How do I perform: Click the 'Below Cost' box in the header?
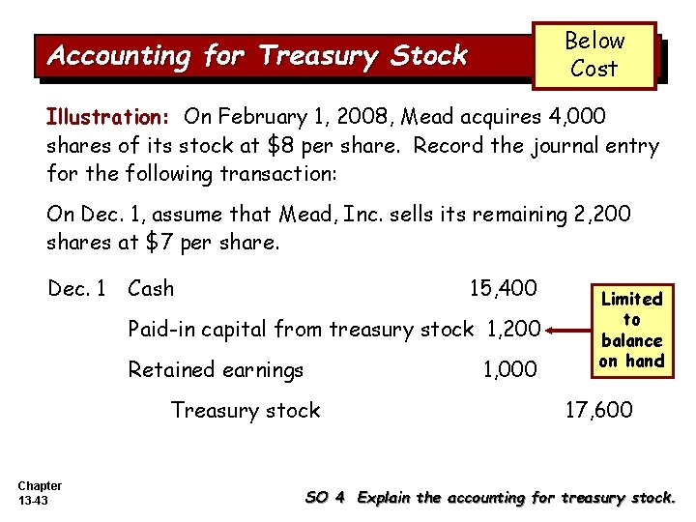click(594, 55)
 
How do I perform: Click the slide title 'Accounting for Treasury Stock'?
click(257, 56)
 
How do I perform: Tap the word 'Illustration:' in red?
click(107, 118)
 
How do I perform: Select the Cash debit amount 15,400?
click(503, 287)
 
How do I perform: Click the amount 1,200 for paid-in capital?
click(509, 329)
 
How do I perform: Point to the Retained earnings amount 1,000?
click(509, 370)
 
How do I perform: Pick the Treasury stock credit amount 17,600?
click(599, 410)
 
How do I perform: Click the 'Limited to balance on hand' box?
click(631, 330)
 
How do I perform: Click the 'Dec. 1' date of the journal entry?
click(78, 288)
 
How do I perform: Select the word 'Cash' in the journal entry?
click(151, 288)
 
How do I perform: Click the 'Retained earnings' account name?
click(216, 370)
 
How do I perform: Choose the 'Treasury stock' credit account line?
click(246, 410)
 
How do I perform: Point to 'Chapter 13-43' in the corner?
click(39, 492)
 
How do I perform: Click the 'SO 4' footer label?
click(325, 498)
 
